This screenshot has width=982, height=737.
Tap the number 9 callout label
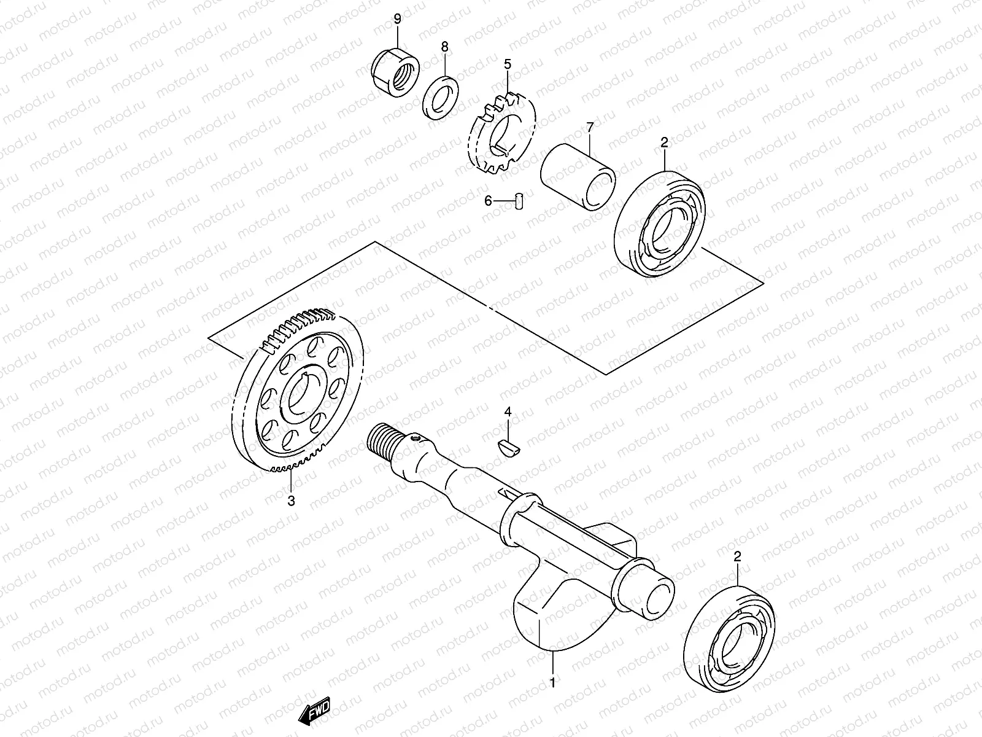tap(397, 19)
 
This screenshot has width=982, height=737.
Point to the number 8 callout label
tap(444, 47)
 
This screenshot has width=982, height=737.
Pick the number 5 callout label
tap(508, 64)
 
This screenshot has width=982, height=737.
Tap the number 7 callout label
tap(590, 128)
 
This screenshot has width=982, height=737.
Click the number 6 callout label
tap(489, 200)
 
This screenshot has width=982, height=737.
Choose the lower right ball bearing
tap(730, 639)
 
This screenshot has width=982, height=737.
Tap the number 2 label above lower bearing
tap(738, 556)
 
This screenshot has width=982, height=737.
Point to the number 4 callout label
tap(508, 411)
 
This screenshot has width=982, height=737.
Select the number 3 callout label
tap(292, 501)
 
